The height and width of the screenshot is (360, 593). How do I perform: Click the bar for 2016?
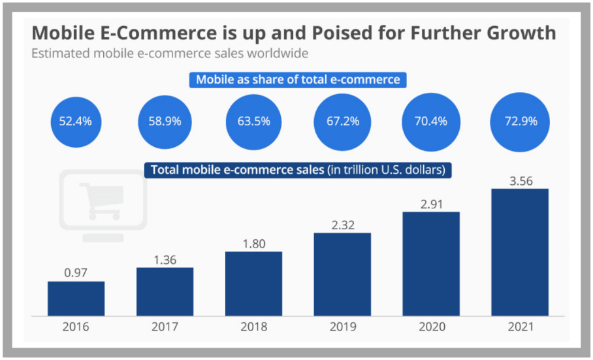[x=76, y=299]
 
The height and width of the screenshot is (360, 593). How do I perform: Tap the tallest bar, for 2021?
[x=519, y=252]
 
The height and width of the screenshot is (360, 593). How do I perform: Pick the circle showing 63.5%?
[x=253, y=122]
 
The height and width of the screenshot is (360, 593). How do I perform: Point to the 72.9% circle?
[x=519, y=122]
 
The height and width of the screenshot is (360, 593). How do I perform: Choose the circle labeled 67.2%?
[x=342, y=122]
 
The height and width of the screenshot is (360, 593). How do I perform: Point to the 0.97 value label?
[x=76, y=272]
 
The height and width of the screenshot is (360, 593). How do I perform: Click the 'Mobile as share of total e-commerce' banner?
[x=298, y=80]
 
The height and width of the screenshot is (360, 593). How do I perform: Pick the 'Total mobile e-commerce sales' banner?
[x=298, y=170]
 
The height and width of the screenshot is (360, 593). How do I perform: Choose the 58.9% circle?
[x=165, y=122]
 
